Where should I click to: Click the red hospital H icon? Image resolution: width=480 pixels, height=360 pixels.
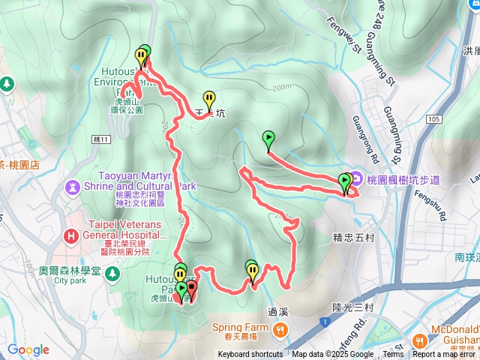pos(71,235)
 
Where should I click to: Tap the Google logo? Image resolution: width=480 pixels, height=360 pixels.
pos(28,350)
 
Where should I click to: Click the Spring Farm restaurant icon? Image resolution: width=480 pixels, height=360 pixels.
pos(280,328)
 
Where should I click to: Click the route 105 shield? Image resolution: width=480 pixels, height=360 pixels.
pos(434,118)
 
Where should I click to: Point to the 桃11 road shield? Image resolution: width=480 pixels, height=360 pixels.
pos(102,139)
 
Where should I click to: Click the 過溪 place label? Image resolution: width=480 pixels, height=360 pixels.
pos(277,310)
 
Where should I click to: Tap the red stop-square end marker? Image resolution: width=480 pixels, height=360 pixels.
pos(191,288)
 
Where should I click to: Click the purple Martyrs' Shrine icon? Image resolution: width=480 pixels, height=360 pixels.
pos(72,185)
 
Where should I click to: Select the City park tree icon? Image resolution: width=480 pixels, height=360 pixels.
pos(112,274)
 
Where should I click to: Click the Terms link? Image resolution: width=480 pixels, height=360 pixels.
pos(393,355)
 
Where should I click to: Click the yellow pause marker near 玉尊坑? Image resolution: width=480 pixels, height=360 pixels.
pos(209,98)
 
